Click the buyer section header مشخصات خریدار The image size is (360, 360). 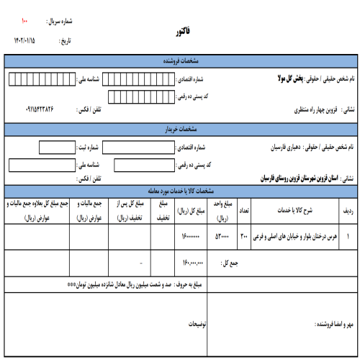179,130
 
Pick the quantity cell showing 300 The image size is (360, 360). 243,235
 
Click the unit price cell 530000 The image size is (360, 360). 222,235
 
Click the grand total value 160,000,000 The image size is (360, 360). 194,263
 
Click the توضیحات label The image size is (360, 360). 195,325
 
